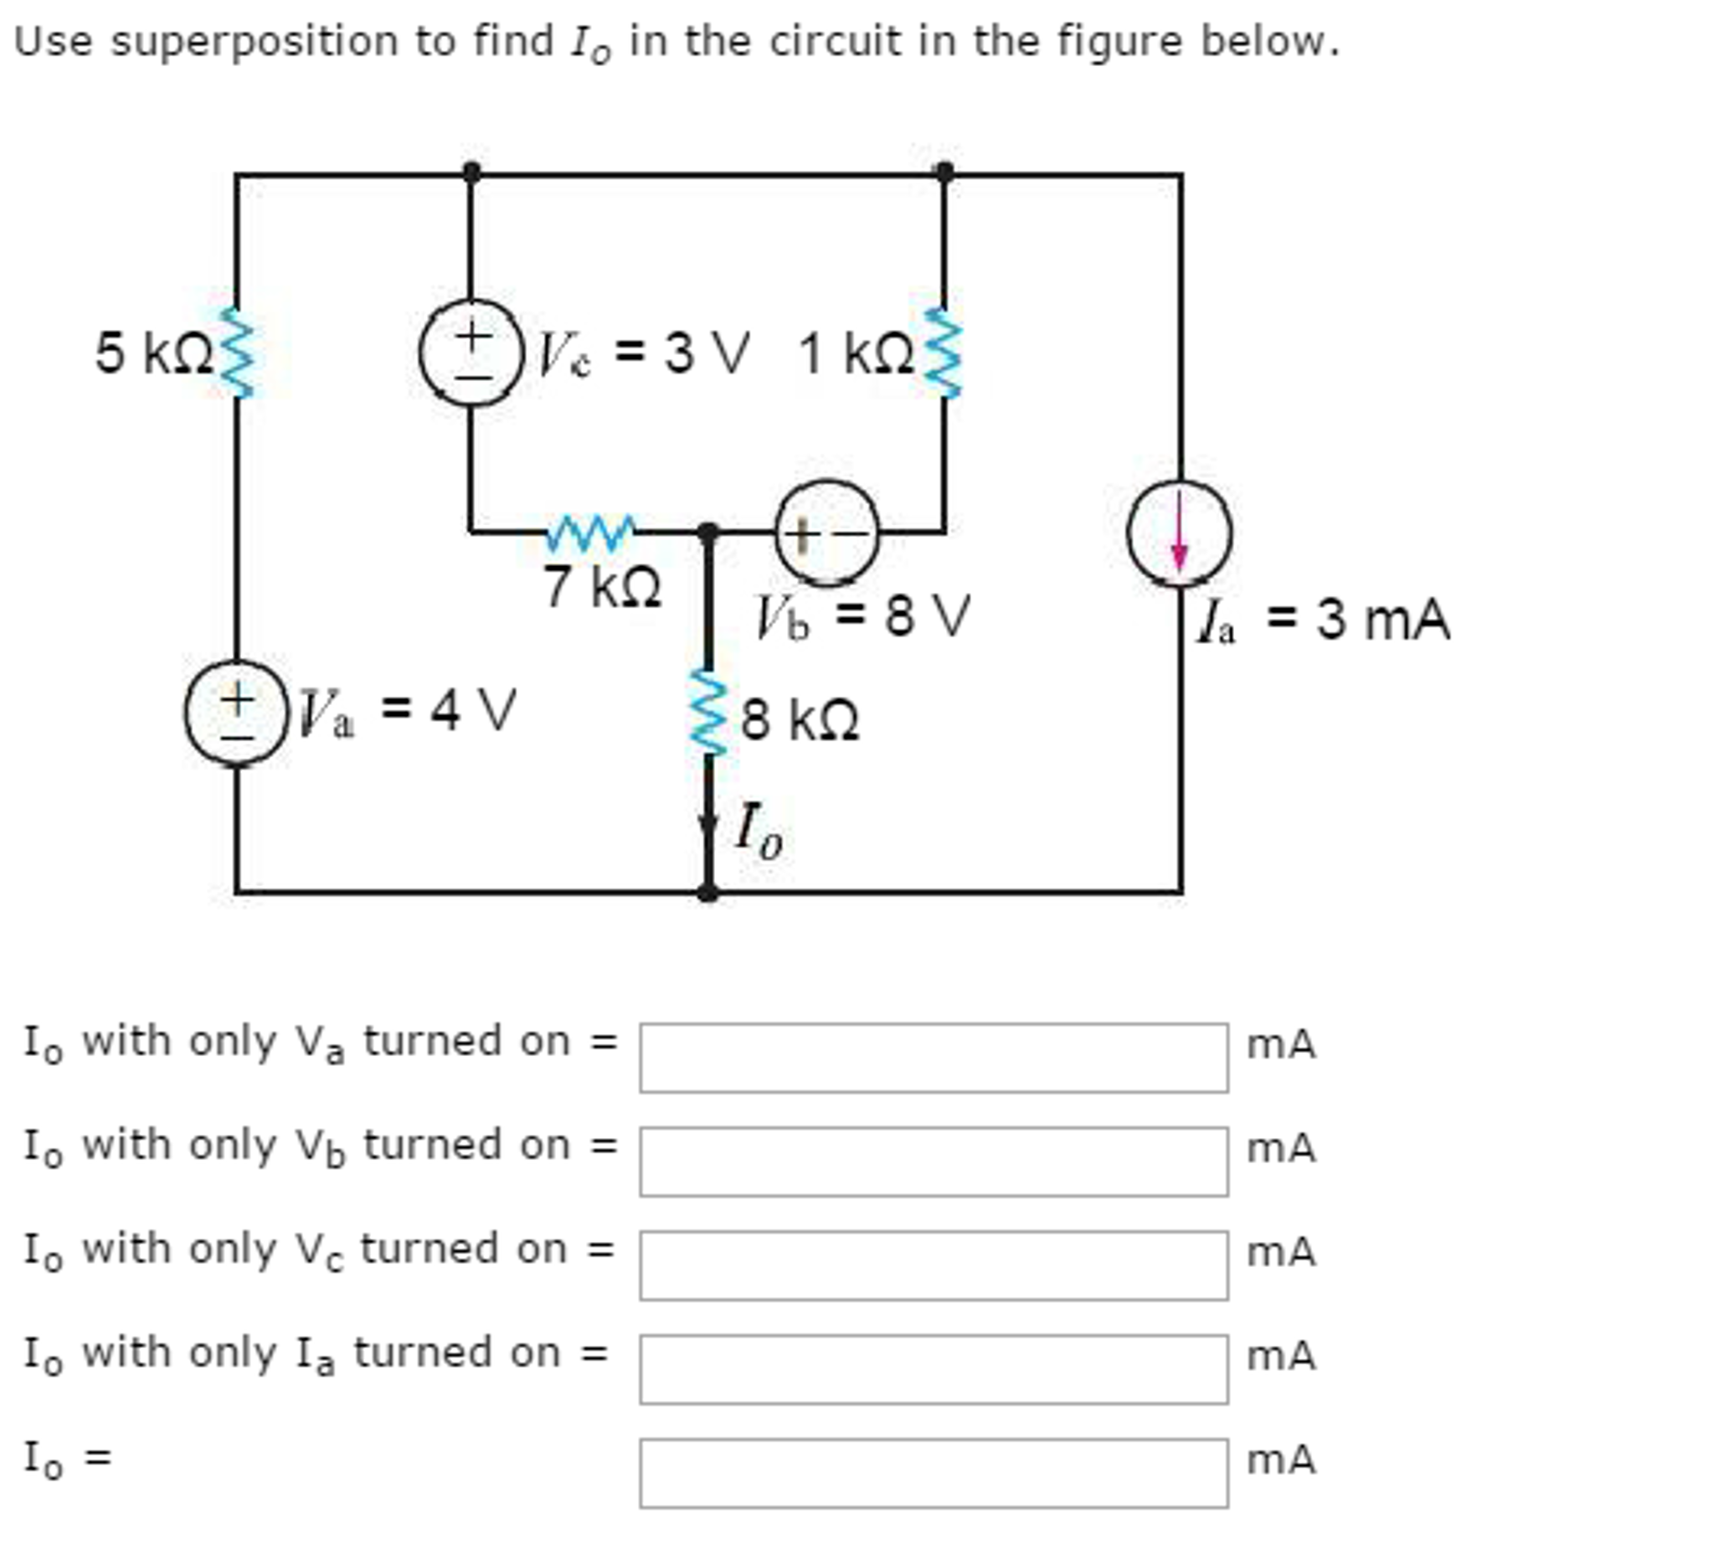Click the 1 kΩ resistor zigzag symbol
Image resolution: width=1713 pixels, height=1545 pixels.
click(944, 352)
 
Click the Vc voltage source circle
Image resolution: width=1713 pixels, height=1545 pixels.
click(471, 353)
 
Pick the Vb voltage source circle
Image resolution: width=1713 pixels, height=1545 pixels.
click(827, 533)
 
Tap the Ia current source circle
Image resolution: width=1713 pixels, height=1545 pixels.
click(1179, 533)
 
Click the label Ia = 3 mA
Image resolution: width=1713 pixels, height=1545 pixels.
click(1323, 620)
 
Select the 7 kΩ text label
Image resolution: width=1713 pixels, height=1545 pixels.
click(602, 586)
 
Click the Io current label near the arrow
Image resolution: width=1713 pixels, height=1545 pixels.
click(757, 828)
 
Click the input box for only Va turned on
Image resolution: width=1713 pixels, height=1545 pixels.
click(933, 1057)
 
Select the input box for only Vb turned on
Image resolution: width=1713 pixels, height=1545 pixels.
click(933, 1161)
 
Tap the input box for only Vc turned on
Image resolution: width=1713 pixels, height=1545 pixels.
click(933, 1264)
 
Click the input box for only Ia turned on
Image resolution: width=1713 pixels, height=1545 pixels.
click(933, 1368)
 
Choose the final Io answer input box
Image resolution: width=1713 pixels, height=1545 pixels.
click(933, 1472)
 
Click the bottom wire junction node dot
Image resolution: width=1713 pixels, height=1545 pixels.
click(707, 892)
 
